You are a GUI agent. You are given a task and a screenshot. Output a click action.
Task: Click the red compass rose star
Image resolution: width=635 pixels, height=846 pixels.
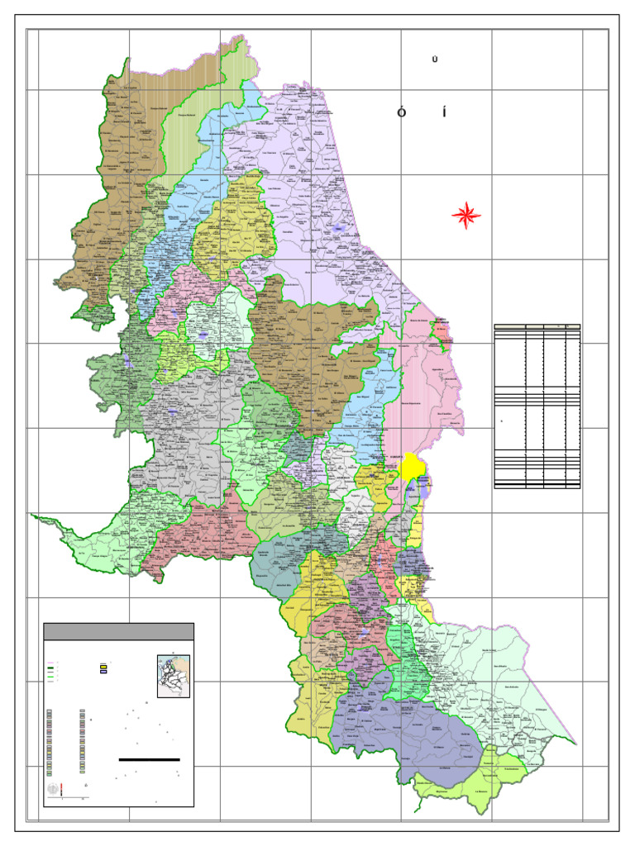466,216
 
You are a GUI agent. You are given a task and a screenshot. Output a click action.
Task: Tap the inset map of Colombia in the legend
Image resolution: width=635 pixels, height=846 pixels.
174,677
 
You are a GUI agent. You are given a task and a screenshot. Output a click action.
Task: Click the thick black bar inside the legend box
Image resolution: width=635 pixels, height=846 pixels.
149,758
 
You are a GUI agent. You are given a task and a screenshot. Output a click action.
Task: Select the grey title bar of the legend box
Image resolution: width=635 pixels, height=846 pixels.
118,631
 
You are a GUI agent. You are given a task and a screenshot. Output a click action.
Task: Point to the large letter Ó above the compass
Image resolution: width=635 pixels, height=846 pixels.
401,112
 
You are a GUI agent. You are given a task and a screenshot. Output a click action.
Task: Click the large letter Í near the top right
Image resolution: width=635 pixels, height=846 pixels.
444,112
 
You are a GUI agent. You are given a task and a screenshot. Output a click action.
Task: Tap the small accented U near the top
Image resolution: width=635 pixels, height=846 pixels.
434,59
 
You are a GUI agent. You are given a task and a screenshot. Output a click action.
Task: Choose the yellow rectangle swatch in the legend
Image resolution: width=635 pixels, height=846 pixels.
104,665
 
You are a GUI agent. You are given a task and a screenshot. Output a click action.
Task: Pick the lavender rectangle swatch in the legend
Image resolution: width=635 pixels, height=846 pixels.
104,673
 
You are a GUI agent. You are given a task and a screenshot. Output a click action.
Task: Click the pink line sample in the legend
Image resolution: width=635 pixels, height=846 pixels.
50,663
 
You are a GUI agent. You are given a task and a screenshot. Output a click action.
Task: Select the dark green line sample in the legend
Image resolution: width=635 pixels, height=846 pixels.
50,668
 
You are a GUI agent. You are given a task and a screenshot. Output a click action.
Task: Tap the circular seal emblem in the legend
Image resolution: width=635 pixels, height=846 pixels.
55,790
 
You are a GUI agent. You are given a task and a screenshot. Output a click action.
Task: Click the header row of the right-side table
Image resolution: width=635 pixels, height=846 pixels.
537,327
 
